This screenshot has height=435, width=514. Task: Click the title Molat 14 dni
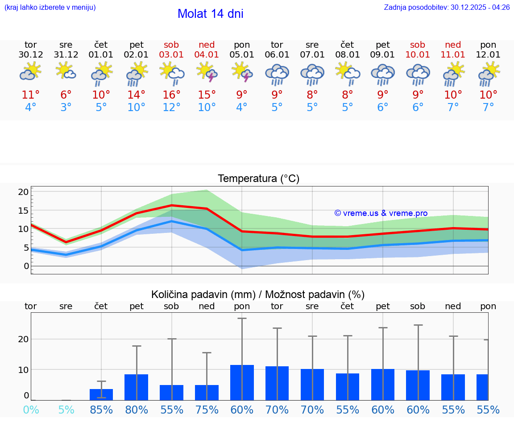210,14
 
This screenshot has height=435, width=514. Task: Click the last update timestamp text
447,7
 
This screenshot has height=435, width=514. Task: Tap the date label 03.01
171,55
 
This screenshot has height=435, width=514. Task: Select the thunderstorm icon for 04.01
207,72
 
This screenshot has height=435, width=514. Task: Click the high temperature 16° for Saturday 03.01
171,95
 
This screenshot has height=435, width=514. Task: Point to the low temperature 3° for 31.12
66,107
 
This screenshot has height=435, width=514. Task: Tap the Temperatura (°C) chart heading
258,178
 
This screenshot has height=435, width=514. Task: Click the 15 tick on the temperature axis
24,210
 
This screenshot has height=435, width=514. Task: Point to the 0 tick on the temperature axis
26,266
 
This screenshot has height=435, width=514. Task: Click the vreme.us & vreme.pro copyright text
381,213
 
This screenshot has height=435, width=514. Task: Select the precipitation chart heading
258,294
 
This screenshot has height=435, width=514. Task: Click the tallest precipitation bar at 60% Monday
242,382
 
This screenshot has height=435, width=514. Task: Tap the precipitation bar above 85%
101,394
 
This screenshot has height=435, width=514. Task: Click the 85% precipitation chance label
101,410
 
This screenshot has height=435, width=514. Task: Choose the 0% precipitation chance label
31,410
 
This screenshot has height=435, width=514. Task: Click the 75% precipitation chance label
207,410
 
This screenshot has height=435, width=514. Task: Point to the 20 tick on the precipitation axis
24,339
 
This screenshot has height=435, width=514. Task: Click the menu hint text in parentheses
50,7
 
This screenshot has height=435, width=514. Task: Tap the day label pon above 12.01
488,45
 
